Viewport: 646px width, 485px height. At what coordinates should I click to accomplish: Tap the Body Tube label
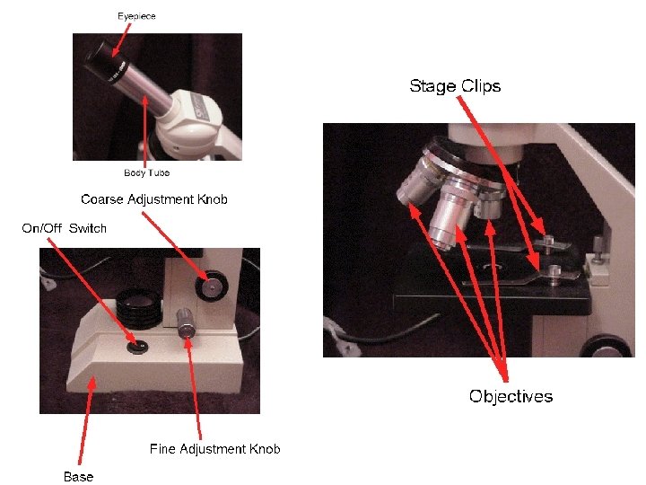146,172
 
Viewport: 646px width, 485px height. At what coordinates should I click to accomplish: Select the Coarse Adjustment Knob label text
153,199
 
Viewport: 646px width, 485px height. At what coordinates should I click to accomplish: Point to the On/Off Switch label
64,228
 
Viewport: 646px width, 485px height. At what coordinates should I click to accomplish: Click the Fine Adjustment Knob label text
214,449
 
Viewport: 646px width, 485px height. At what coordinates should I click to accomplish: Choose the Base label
78,476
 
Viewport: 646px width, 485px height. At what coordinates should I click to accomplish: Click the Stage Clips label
455,86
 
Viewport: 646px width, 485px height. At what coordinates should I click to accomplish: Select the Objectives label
511,396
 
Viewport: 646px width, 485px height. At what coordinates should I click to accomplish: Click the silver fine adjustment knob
187,324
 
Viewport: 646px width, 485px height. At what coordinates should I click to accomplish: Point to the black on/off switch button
136,345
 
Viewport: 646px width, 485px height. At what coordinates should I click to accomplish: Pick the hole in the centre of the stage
493,268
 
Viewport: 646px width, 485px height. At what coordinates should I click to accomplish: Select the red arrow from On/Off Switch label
90,287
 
